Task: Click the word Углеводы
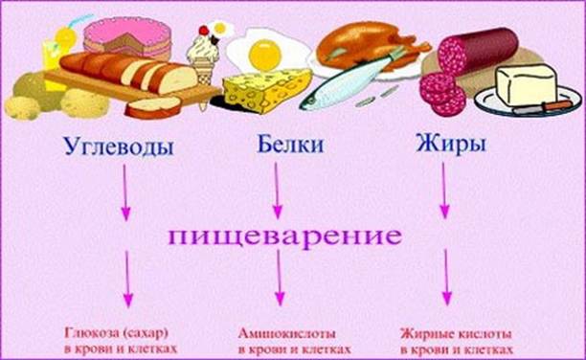coord(119,146)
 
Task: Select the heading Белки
coord(290,144)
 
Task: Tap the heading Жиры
coord(451,145)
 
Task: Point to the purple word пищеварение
coord(284,236)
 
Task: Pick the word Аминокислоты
coord(286,333)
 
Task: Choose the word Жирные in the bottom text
coord(425,333)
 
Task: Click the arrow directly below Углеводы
coord(125,192)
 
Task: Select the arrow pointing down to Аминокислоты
coord(279,278)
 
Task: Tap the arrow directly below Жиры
coord(443,190)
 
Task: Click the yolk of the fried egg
coord(265,55)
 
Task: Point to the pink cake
coord(127,36)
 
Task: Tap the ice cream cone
coord(204,59)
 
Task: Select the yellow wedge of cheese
coord(267,90)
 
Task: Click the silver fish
coord(348,84)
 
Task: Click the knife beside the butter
coord(543,108)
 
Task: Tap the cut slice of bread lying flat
coord(153,107)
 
